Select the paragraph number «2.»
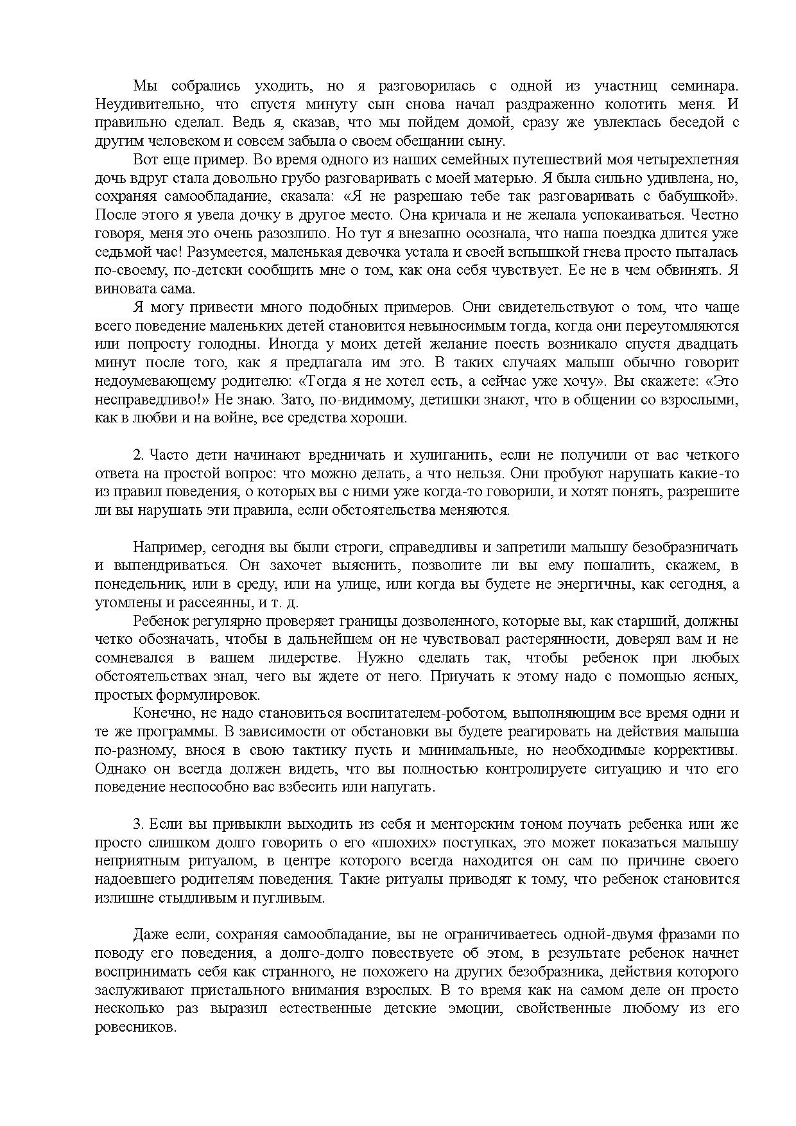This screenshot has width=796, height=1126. [x=139, y=455]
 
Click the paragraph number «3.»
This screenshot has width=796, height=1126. [x=139, y=824]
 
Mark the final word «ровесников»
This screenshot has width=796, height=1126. [x=134, y=1028]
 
